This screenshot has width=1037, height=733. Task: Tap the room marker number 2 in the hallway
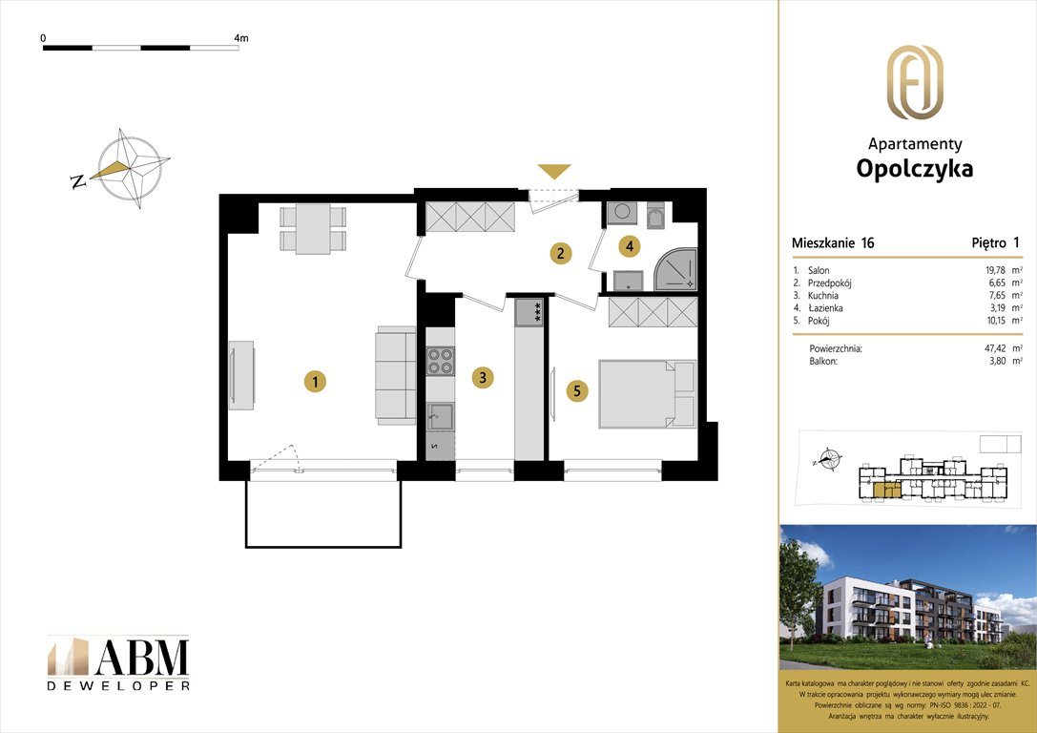coord(562,253)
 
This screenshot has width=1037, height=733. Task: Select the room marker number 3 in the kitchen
coord(484,378)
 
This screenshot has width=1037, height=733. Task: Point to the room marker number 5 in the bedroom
coord(576,389)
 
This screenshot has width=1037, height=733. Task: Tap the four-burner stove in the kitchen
coord(440,361)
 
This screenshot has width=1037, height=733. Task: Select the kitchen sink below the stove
coord(440,415)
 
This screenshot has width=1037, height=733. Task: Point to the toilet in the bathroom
coord(657,219)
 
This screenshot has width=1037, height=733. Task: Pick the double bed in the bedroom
coord(649,392)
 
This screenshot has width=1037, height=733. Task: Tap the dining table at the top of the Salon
coord(313,229)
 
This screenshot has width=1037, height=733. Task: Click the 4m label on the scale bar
coord(240,38)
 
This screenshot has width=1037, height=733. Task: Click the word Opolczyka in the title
coord(914,170)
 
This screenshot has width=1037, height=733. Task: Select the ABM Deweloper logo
coord(118,662)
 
